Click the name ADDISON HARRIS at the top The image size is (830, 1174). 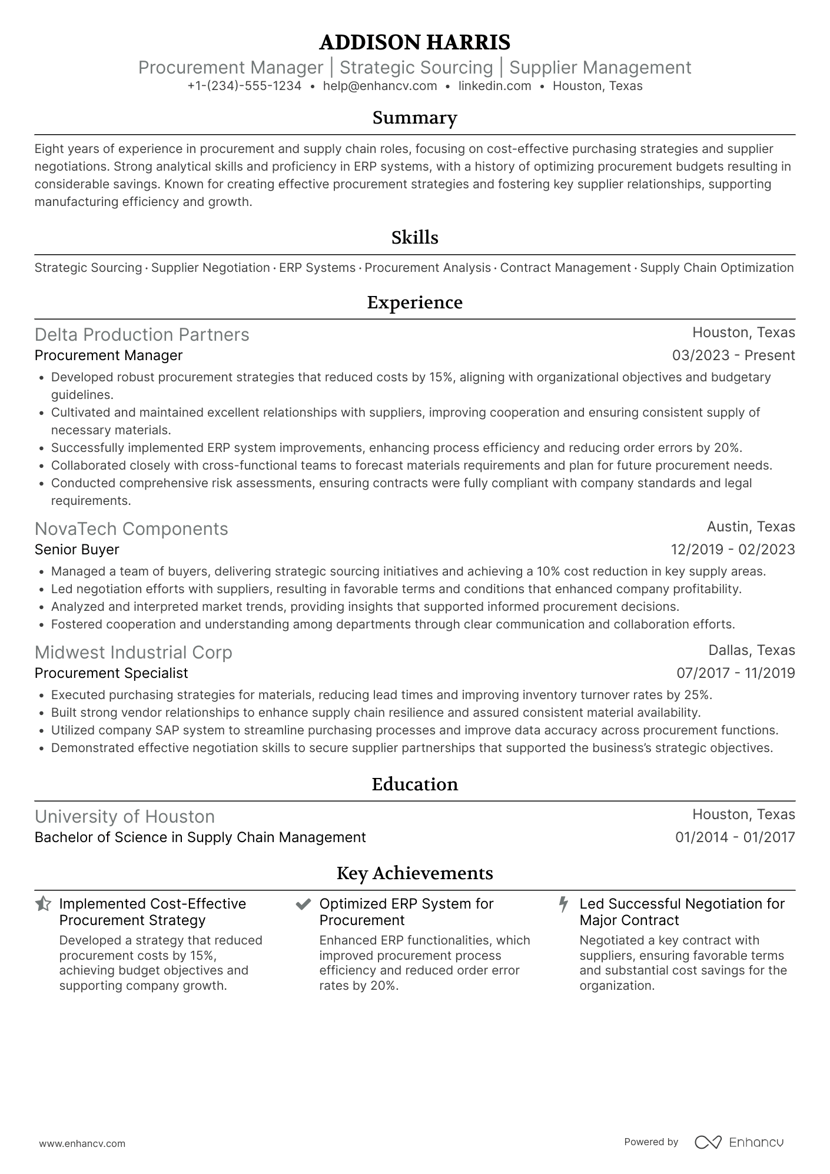pos(414,42)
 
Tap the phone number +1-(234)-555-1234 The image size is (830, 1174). pos(244,86)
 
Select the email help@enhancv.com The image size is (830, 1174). pos(380,86)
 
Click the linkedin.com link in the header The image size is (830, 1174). pos(494,86)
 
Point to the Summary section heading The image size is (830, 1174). pos(414,118)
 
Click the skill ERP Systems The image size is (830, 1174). pos(317,268)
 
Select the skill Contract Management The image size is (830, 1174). pos(565,268)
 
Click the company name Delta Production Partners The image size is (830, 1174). pos(142,334)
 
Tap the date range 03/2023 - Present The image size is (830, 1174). pos(733,355)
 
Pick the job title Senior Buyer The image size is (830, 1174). pos(77,550)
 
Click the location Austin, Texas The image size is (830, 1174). pos(751,527)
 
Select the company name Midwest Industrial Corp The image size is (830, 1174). pos(134,652)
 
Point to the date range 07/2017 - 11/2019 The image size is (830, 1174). pos(735,673)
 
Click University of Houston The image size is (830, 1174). pos(125,816)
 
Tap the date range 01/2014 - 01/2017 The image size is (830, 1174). pos(735,837)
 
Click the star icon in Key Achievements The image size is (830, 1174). pos(43,904)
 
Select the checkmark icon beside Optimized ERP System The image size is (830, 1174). pos(303,904)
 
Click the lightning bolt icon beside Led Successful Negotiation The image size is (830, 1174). pos(563,904)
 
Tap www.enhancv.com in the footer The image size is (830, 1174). pos(82,1143)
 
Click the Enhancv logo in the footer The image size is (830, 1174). pos(739,1142)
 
